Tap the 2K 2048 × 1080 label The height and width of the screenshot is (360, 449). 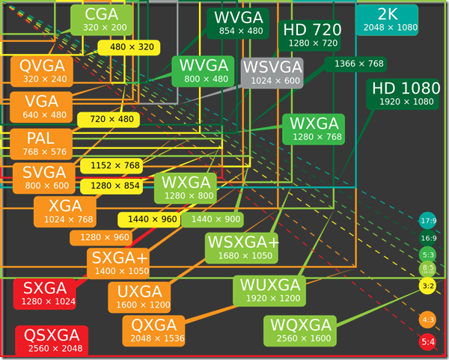point(387,19)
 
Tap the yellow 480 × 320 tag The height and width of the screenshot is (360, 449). point(131,47)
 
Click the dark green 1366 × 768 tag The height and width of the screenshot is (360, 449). point(359,64)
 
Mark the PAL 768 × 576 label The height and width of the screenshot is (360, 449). point(42,144)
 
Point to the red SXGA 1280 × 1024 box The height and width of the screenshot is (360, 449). point(45,294)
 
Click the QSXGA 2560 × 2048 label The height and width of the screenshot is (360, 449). point(52,341)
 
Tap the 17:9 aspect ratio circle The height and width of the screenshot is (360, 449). point(429,221)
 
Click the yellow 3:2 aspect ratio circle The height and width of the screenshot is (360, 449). point(429,285)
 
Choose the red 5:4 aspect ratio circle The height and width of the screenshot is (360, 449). point(429,343)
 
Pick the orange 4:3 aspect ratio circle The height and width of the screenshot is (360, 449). point(429,320)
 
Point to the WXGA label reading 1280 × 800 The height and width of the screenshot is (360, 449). point(185,188)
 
